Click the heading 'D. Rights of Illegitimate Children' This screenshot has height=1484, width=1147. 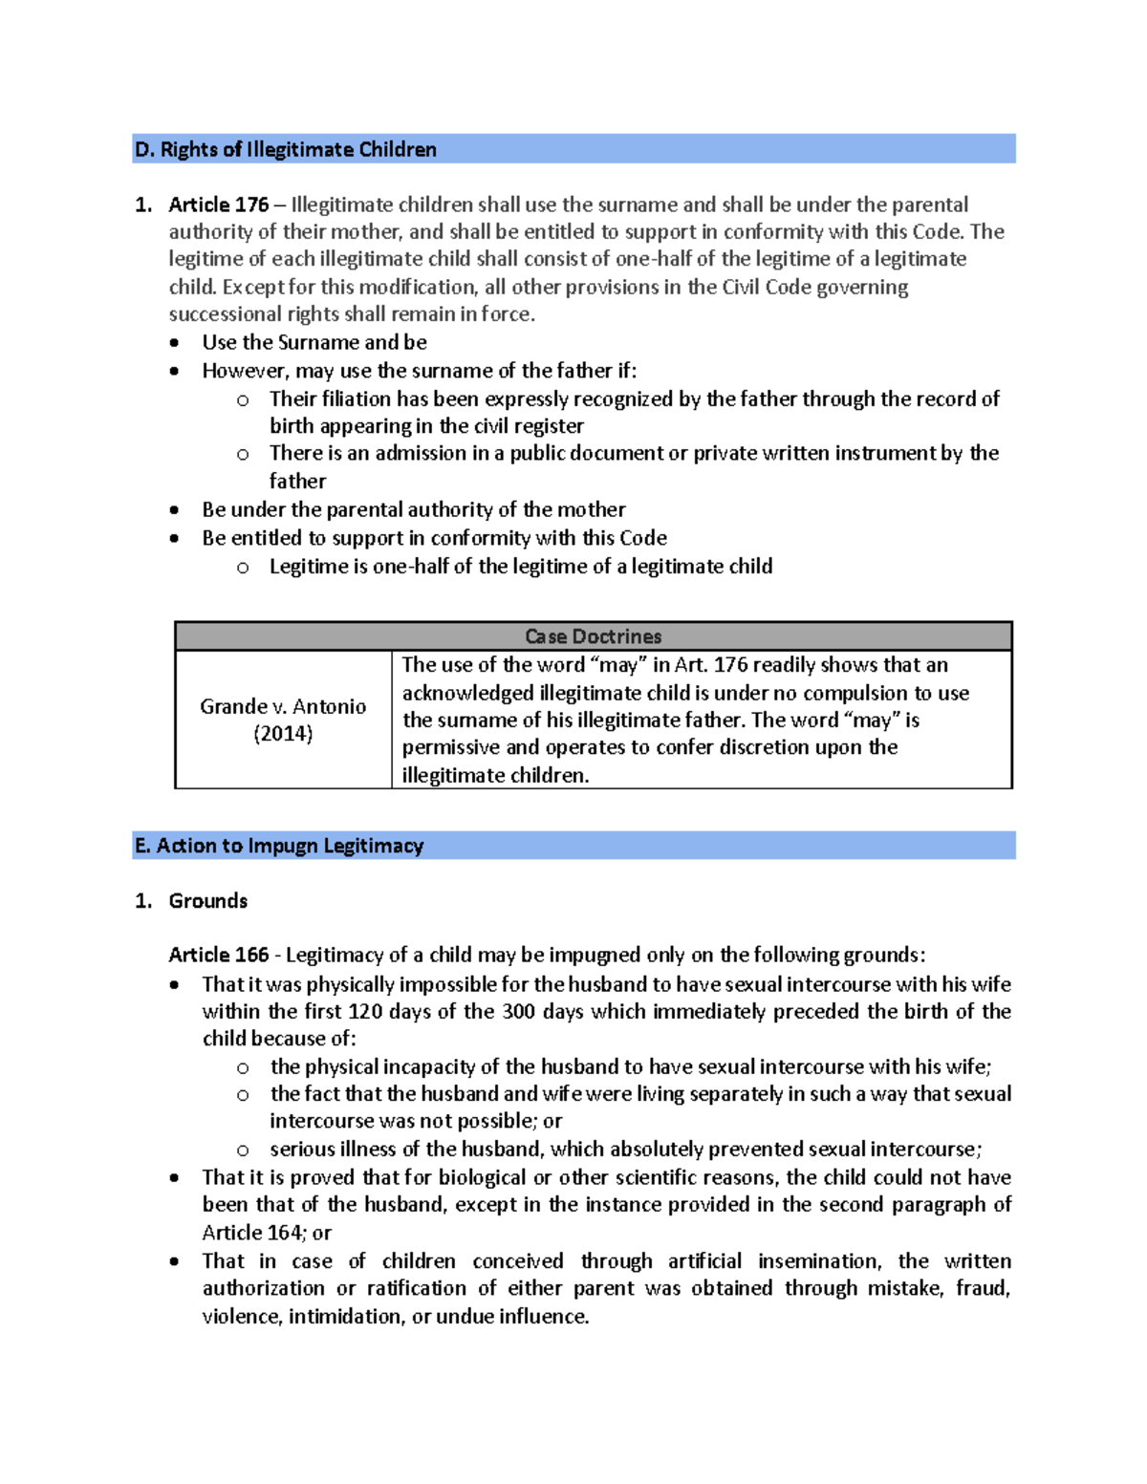click(x=285, y=149)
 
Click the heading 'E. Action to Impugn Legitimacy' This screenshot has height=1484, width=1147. click(x=279, y=846)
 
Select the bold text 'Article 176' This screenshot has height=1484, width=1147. click(x=218, y=204)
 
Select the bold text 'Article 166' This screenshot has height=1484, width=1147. click(x=218, y=955)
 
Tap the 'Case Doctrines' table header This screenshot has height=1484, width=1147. click(x=593, y=636)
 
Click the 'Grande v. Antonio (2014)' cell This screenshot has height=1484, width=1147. click(x=283, y=720)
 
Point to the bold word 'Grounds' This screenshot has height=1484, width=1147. click(x=207, y=901)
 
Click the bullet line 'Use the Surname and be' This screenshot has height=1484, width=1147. click(x=314, y=342)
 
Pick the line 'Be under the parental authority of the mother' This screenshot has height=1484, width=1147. click(x=413, y=509)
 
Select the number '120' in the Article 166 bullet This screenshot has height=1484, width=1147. click(x=365, y=1011)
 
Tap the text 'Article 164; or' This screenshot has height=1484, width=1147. click(x=267, y=1233)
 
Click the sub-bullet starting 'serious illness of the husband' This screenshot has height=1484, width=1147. click(x=625, y=1150)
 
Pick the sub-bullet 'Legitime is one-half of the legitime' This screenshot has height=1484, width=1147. click(x=520, y=567)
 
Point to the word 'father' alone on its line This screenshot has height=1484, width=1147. click(x=297, y=482)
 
